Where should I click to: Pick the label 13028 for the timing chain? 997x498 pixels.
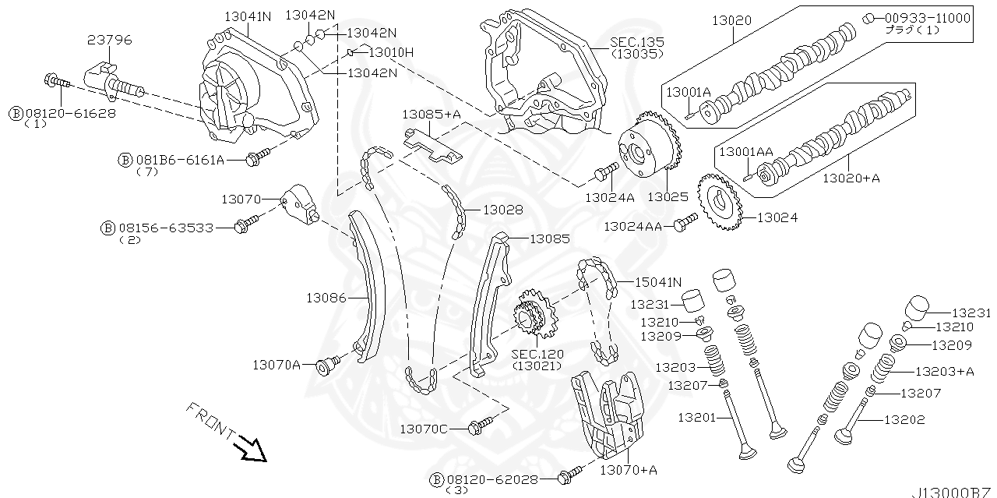click(x=502, y=210)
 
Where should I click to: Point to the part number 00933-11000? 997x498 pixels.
click(x=927, y=17)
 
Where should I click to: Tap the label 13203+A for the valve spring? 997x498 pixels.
click(x=944, y=372)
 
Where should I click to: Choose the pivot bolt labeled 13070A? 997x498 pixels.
click(x=326, y=364)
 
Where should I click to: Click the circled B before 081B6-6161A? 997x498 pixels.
click(x=125, y=160)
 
